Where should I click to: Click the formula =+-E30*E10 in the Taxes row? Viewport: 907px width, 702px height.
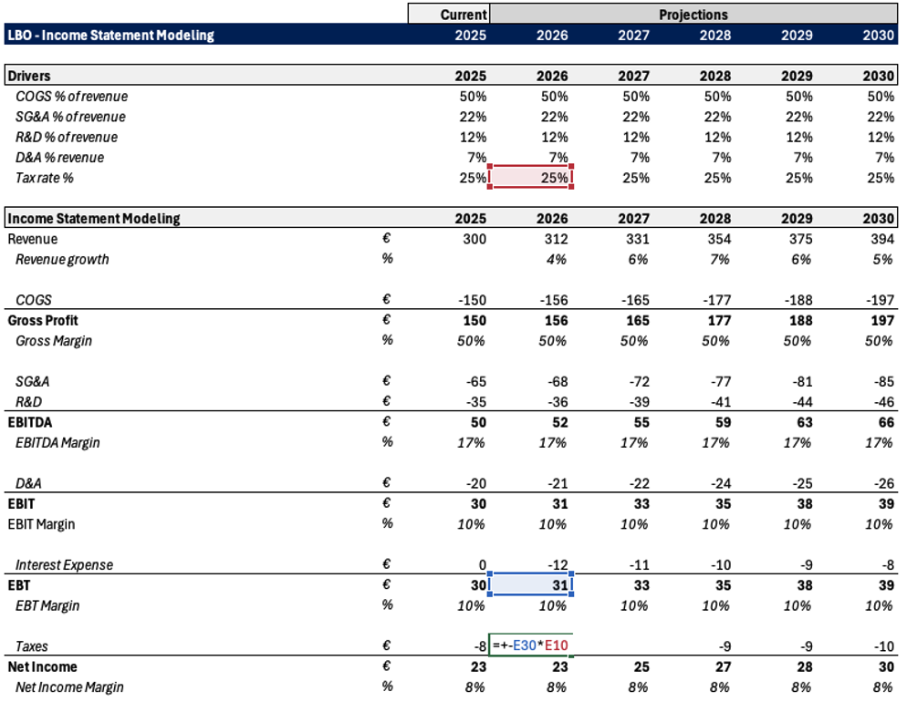click(530, 645)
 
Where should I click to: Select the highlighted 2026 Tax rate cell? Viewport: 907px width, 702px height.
click(531, 177)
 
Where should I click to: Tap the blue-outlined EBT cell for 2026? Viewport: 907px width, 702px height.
click(531, 584)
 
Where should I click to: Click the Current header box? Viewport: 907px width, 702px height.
click(449, 14)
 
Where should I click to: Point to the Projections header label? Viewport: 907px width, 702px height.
click(693, 15)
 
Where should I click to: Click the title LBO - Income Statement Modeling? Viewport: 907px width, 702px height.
click(111, 36)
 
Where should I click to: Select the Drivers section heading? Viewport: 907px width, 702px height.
click(29, 76)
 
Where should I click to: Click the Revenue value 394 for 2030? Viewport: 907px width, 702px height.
click(882, 239)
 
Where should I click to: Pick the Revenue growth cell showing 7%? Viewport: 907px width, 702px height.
click(720, 260)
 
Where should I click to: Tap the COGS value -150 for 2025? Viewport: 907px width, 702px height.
click(472, 300)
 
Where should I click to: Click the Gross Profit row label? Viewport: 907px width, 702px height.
click(43, 321)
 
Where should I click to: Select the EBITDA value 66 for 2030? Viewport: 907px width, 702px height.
click(886, 422)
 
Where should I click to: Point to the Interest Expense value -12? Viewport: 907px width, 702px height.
click(557, 564)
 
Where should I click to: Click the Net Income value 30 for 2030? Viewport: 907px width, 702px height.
click(886, 666)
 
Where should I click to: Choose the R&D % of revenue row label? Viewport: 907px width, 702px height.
click(67, 137)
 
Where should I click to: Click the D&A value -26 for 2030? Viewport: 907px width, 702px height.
click(884, 483)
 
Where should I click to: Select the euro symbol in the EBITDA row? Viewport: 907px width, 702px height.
click(386, 421)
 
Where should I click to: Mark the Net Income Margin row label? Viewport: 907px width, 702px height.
click(69, 687)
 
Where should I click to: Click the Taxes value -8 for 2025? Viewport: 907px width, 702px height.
click(480, 646)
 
